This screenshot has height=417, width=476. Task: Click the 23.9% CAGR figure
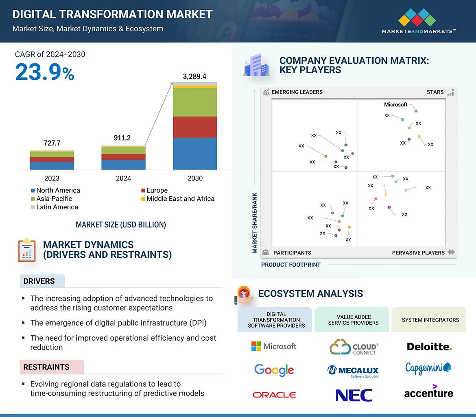tap(45, 72)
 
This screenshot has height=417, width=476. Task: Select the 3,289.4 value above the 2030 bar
tap(194, 76)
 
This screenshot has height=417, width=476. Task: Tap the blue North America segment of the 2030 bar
tap(195, 154)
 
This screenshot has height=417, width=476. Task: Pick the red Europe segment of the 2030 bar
tap(195, 127)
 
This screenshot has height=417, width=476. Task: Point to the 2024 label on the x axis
tap(123, 178)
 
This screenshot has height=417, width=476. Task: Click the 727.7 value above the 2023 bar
tap(52, 143)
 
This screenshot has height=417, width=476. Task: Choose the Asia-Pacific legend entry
tap(52, 199)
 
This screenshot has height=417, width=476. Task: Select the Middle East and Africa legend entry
tap(178, 199)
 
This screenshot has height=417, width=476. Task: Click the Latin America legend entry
tap(55, 207)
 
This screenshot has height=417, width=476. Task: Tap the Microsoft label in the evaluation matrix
tap(395, 104)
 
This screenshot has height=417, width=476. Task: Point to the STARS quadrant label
tap(435, 92)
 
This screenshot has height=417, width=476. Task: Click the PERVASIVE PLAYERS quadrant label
tap(418, 253)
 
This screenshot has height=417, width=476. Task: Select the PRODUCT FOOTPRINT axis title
tap(291, 265)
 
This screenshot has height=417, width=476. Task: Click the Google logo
tap(274, 370)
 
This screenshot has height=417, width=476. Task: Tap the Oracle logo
tap(274, 395)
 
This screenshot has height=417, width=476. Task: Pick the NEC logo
tap(354, 395)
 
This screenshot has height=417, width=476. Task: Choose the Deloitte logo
tap(429, 347)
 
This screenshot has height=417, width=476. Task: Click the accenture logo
tap(429, 392)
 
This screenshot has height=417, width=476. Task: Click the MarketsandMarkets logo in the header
tap(418, 21)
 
